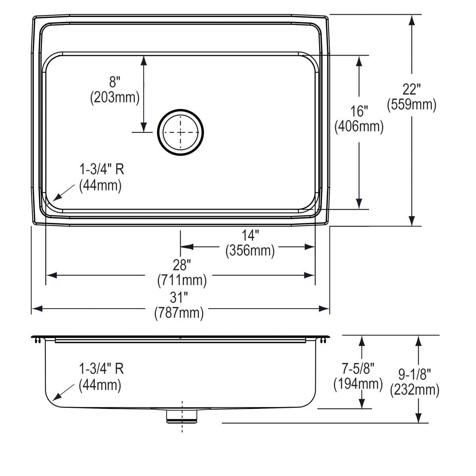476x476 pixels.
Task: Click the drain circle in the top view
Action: [180, 132]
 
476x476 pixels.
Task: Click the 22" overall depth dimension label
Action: [411, 89]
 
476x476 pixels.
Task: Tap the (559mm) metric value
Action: [411, 105]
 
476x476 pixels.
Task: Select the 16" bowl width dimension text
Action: [359, 111]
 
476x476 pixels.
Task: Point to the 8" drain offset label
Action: [115, 82]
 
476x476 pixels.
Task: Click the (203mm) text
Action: [115, 97]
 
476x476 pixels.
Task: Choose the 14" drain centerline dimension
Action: [250, 236]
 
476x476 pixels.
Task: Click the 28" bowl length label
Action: [182, 264]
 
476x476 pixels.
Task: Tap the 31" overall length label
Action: [179, 297]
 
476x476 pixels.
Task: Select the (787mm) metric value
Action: [179, 313]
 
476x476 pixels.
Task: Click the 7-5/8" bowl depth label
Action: [358, 369]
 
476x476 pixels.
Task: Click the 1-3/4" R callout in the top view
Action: [102, 170]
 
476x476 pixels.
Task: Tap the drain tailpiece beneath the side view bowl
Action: [182, 416]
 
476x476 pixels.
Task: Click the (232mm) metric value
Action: [415, 390]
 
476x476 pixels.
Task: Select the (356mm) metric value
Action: [250, 251]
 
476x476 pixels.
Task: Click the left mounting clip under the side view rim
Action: [38, 340]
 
